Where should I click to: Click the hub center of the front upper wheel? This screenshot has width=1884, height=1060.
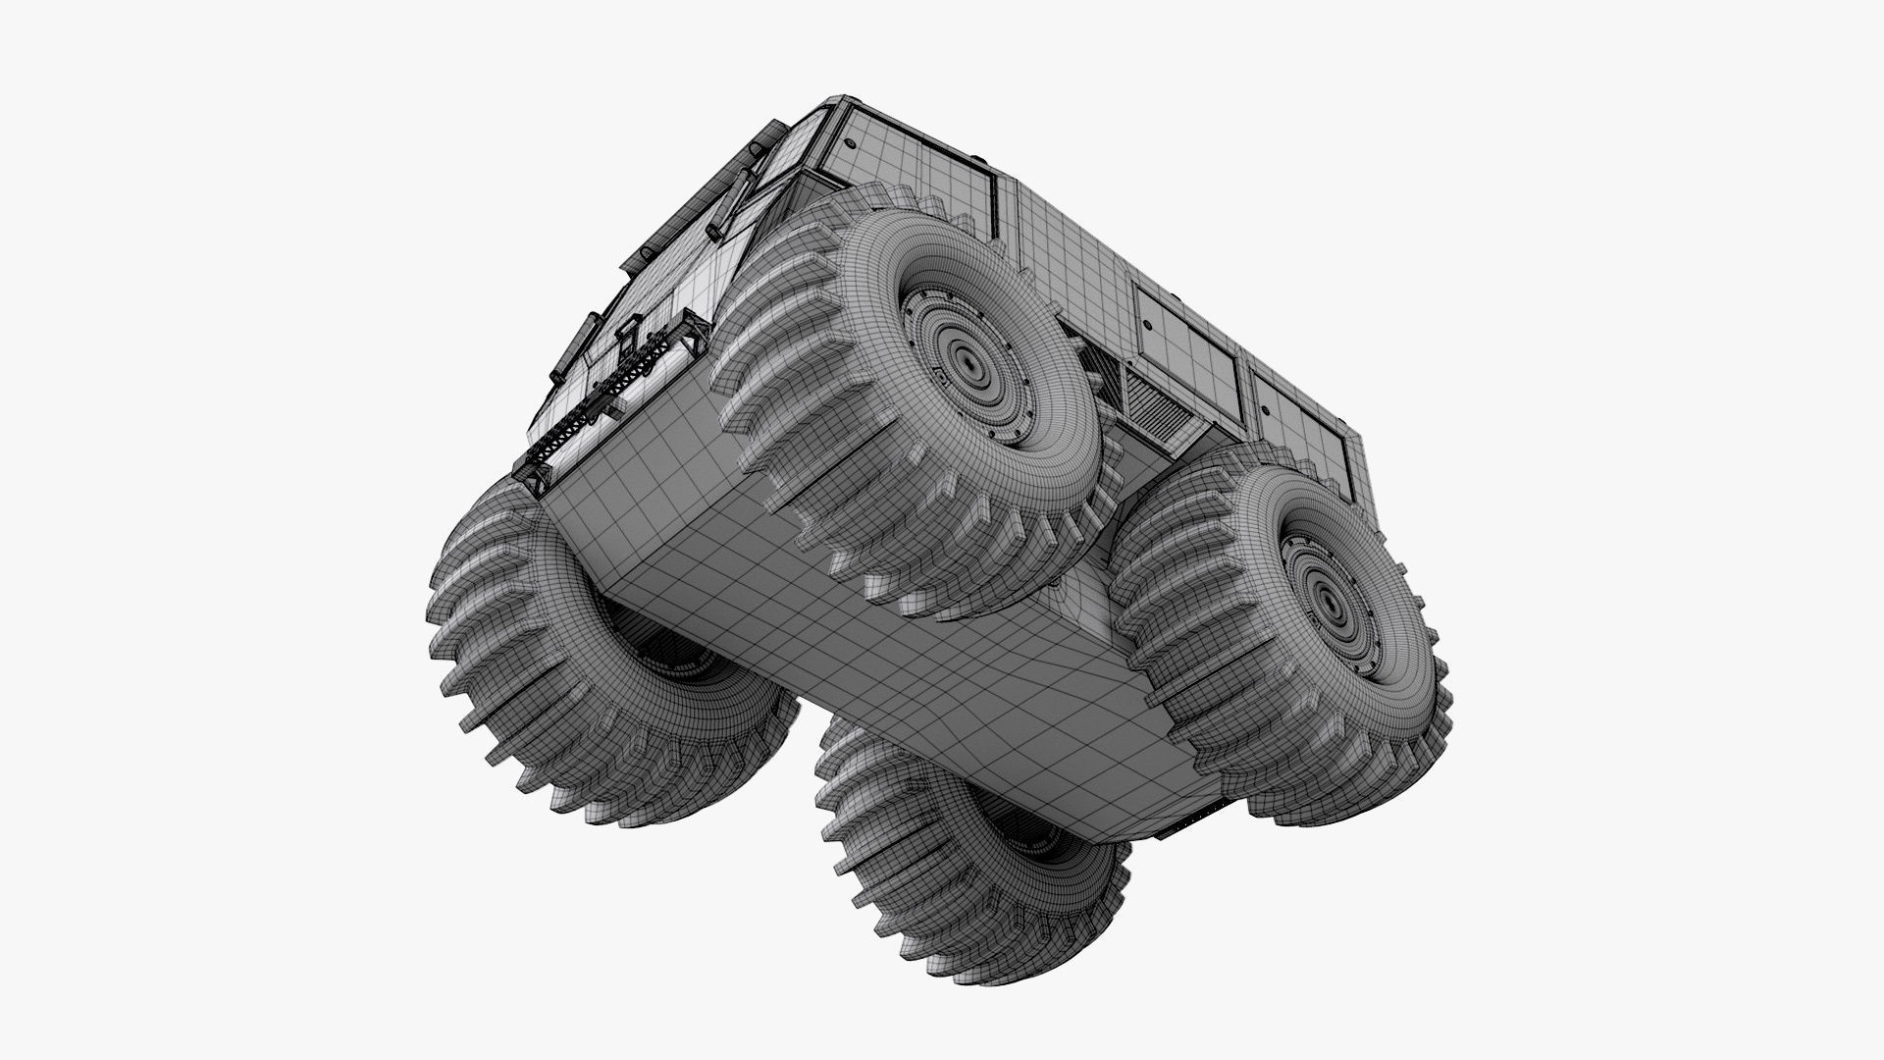(x=970, y=366)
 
